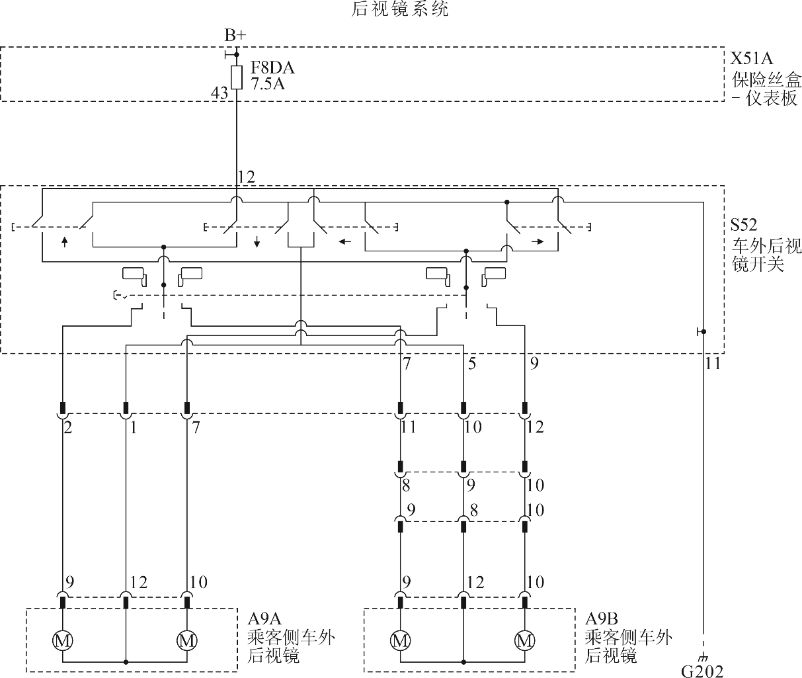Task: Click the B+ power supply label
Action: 235,35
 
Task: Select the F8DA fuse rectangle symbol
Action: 237,77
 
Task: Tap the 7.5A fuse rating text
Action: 268,84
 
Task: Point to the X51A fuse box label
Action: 751,58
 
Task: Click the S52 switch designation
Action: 743,225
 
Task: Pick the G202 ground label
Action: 702,671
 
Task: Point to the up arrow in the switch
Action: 65,241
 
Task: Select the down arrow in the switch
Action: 257,241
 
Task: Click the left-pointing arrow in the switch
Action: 345,241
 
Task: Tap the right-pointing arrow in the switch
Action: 538,241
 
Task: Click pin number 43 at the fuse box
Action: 220,93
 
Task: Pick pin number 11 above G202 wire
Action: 713,363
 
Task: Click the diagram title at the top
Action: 399,9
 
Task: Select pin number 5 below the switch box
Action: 472,363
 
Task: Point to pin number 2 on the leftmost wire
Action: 68,427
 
